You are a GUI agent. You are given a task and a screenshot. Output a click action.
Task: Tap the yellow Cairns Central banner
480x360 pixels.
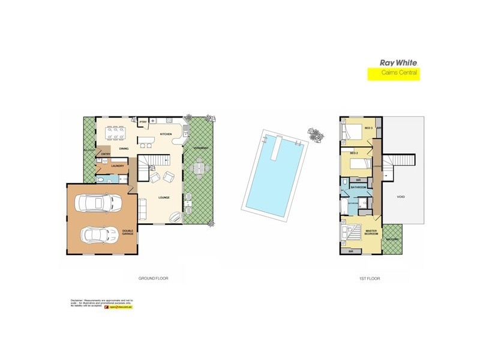(393, 74)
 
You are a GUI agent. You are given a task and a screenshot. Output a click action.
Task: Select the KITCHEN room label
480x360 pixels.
(166, 134)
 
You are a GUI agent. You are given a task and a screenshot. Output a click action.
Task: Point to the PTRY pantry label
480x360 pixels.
(143, 123)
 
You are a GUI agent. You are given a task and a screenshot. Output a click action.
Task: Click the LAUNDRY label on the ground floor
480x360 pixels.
(118, 166)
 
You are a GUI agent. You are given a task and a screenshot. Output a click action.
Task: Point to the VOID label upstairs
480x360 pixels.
(400, 197)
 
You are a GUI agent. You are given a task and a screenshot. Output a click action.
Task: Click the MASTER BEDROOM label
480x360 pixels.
(370, 232)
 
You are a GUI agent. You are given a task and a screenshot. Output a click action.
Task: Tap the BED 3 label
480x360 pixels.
(368, 128)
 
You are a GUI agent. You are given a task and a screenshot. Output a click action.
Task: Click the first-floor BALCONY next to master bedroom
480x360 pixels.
(394, 238)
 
